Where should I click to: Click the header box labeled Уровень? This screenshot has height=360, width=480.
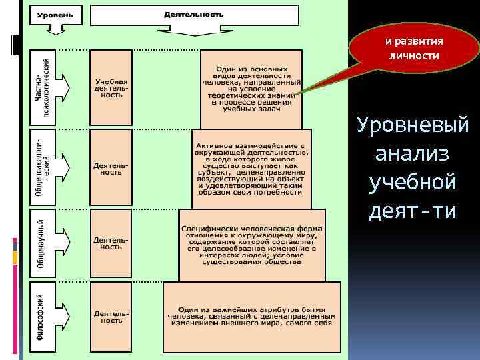click(x=59, y=15)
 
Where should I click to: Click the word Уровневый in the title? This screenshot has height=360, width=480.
click(x=413, y=125)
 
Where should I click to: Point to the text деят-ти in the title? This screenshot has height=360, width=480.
click(x=413, y=211)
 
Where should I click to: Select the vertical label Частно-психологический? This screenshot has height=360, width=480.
click(x=42, y=87)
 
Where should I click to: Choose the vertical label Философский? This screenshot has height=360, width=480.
click(x=41, y=317)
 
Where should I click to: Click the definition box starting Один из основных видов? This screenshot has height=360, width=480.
click(x=251, y=88)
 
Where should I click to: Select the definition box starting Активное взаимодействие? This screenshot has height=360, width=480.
click(x=251, y=168)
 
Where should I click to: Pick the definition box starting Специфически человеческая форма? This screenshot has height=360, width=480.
click(x=252, y=243)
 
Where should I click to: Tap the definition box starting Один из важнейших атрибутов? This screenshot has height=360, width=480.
click(x=251, y=317)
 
